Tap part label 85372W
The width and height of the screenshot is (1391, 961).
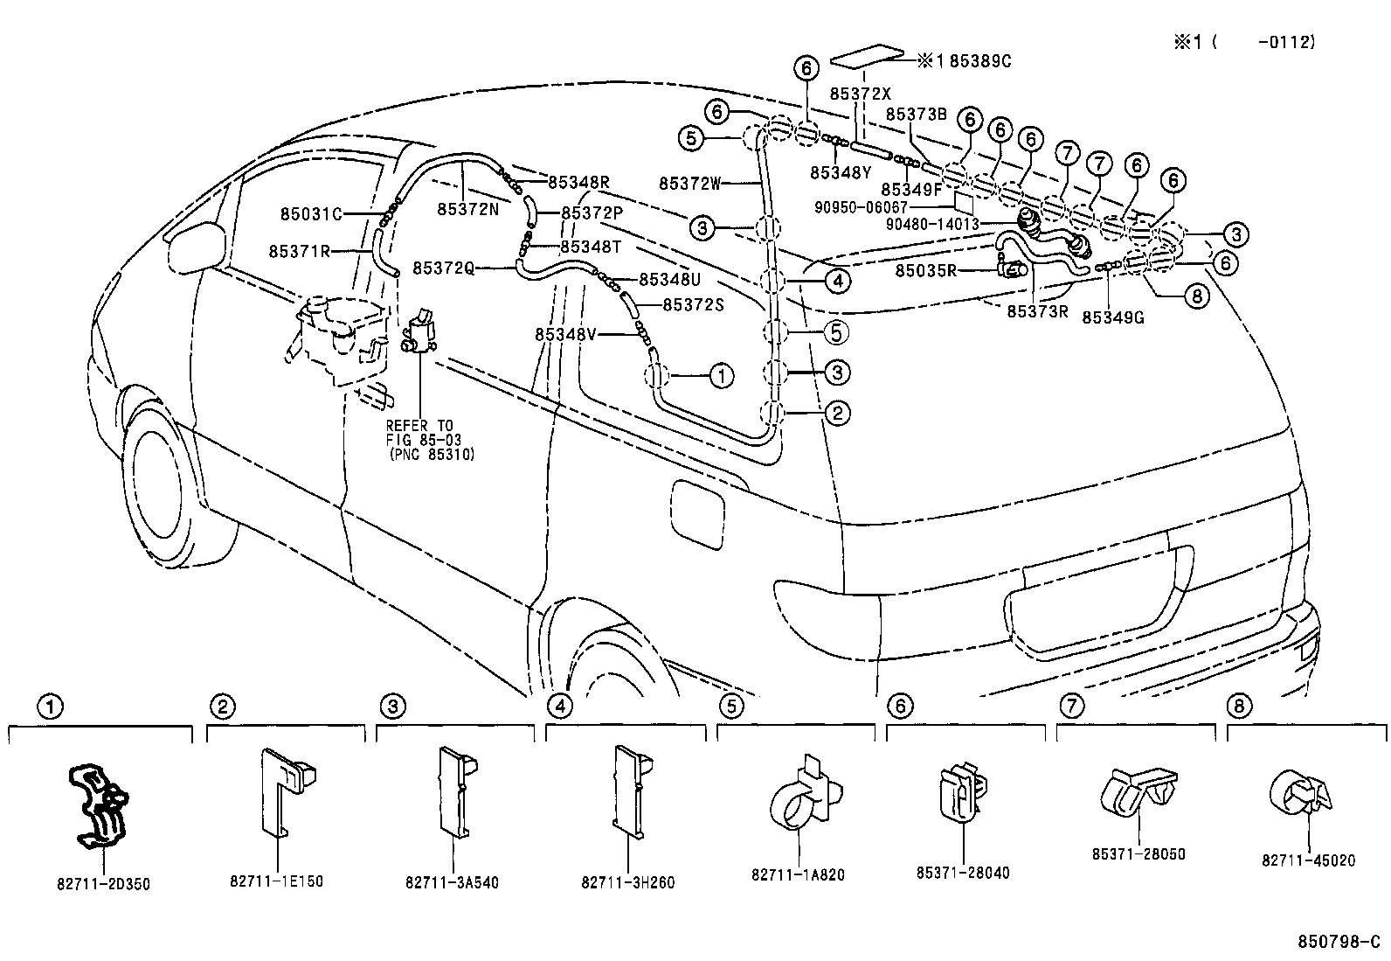[689, 184]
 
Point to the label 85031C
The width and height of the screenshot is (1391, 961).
[311, 213]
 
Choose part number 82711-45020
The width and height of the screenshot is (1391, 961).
[1307, 860]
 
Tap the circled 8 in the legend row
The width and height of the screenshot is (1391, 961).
[1238, 705]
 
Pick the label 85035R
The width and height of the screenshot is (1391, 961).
[926, 271]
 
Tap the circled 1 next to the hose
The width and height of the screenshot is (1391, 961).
[721, 376]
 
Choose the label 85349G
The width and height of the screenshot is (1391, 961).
[1112, 317]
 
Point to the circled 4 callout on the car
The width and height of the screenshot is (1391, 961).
[836, 281]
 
